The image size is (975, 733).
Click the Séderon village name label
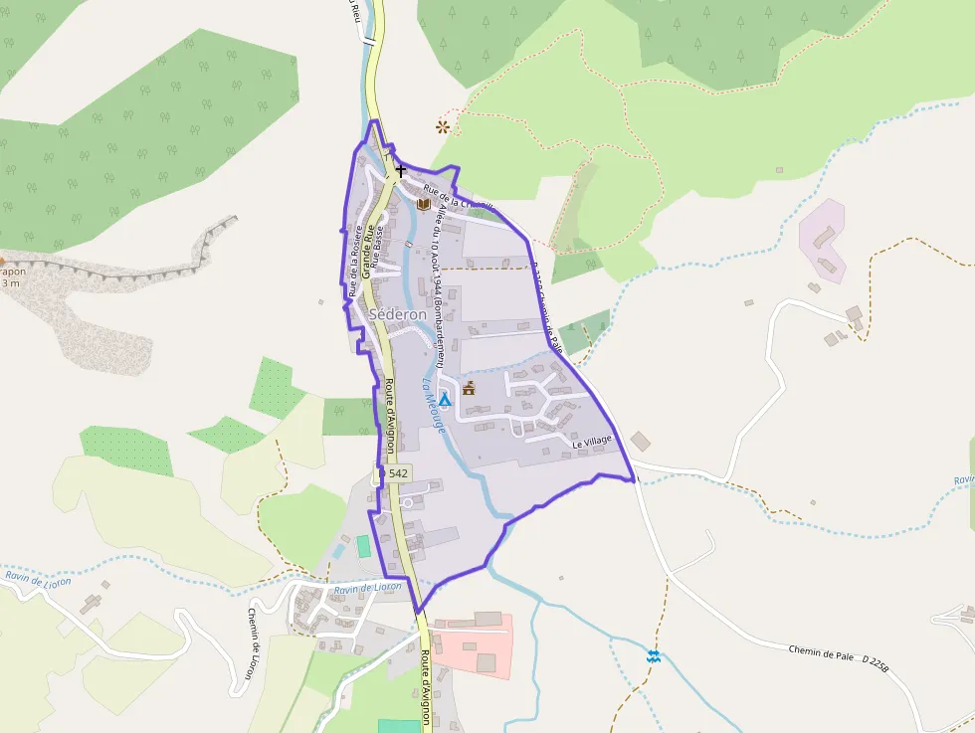398,314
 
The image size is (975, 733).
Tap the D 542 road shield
395,474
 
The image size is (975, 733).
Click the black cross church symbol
401,172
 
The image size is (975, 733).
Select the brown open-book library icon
424,204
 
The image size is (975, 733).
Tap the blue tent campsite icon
445,399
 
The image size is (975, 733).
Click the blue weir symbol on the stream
653,656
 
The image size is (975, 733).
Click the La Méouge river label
434,404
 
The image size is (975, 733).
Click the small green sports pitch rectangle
363,546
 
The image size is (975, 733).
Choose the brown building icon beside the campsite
469,388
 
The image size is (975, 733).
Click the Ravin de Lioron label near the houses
367,588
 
